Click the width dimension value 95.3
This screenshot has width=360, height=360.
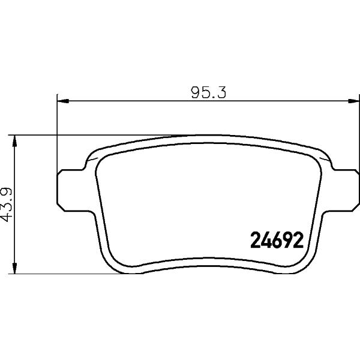[208, 92]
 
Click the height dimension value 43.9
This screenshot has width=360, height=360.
[7, 205]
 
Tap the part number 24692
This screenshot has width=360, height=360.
[277, 240]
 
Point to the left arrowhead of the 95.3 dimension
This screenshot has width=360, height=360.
[62, 101]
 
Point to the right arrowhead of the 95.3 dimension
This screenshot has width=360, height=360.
[353, 101]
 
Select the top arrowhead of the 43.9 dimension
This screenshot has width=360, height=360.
[14, 141]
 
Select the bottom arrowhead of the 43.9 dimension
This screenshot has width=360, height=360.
[14, 268]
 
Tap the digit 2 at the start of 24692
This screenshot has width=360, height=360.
[256, 240]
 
